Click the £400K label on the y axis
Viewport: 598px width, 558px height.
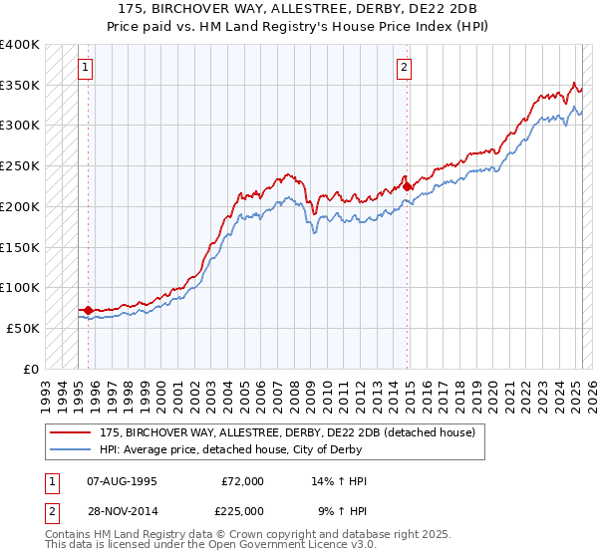pyautogui.click(x=20, y=45)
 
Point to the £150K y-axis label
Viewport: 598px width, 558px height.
pyautogui.click(x=20, y=247)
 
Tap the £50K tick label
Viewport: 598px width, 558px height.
pyautogui.click(x=24, y=328)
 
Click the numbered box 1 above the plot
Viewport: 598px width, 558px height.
pyautogui.click(x=85, y=68)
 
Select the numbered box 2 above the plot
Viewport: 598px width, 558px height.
pyautogui.click(x=404, y=68)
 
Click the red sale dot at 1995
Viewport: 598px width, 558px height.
pyautogui.click(x=88, y=310)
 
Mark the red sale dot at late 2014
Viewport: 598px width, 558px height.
pyautogui.click(x=408, y=186)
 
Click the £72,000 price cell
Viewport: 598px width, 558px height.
pyautogui.click(x=242, y=481)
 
